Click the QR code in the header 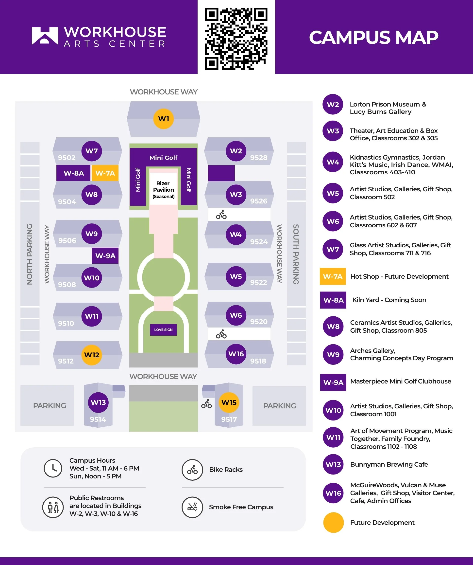(x=236, y=39)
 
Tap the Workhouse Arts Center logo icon (x=45, y=36)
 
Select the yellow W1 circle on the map (x=163, y=119)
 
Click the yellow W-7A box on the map (x=105, y=173)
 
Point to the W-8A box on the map (x=74, y=173)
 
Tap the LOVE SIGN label (x=163, y=329)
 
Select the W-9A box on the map (x=105, y=255)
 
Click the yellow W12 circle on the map (x=92, y=355)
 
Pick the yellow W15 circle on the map (x=229, y=402)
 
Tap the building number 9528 (x=259, y=158)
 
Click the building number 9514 (x=98, y=419)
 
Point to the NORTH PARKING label (x=30, y=254)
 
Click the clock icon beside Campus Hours (x=53, y=468)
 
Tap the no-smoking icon (x=192, y=507)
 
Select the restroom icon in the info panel (x=53, y=507)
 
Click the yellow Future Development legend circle (x=333, y=523)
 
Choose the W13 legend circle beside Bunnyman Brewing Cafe (x=333, y=464)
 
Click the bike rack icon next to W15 (x=206, y=404)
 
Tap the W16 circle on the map (x=236, y=354)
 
